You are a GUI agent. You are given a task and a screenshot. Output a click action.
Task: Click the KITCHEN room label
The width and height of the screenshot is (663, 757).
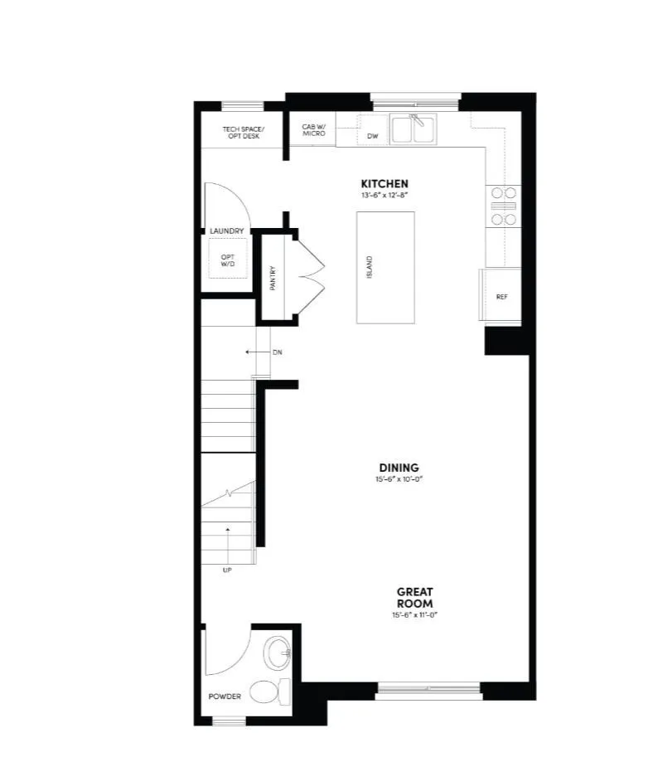pos(384,183)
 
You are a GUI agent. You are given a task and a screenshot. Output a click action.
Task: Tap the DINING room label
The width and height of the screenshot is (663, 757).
pos(400,468)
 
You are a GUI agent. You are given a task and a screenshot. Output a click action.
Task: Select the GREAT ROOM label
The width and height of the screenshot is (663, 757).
pos(414,598)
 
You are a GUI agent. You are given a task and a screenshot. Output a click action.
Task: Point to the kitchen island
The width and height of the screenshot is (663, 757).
pos(385,267)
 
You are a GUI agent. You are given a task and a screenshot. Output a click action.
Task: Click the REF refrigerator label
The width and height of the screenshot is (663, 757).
pos(501,296)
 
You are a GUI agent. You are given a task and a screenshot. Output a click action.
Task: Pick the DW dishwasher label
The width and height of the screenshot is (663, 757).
pos(372,135)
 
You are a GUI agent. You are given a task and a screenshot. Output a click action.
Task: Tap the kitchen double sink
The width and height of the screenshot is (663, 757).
pos(413,129)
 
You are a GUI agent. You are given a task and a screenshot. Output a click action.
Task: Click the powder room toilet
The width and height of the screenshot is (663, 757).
pos(273,690)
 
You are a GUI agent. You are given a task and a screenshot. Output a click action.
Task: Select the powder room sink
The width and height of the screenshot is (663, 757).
pos(278,654)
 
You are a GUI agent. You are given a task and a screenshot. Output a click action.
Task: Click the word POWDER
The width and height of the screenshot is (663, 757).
pos(225,696)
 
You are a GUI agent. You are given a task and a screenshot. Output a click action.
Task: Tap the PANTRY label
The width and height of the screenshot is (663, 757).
pos(272,278)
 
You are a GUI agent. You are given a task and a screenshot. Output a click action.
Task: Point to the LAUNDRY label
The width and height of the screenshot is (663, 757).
pos(226,231)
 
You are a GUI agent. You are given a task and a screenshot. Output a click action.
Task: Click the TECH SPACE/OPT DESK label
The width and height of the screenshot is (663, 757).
pos(241,132)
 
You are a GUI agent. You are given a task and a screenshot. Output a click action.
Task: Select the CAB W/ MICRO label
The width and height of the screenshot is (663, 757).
pos(314,130)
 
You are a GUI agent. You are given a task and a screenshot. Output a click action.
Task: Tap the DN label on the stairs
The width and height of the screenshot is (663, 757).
pos(278,352)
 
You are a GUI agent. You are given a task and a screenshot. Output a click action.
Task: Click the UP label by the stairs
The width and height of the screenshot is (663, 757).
pos(226,570)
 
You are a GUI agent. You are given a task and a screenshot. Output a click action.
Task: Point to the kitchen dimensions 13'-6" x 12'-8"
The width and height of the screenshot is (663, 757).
pos(384,195)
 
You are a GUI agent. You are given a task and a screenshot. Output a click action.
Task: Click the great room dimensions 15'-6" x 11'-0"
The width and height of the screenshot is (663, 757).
pos(414,616)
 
